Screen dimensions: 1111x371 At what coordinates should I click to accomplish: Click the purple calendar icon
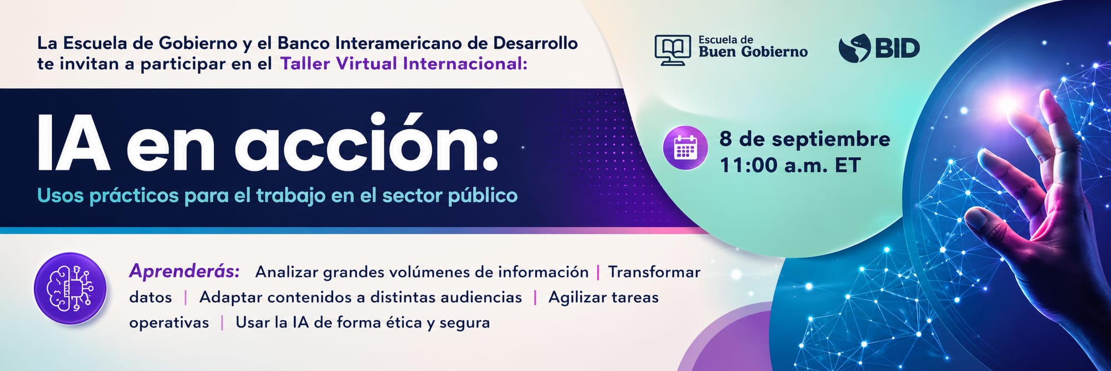click(x=685, y=148)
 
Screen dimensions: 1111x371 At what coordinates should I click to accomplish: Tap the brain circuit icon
click(x=71, y=289)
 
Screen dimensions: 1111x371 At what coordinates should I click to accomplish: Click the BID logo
click(x=879, y=48)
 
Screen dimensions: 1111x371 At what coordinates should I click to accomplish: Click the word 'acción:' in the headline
click(x=367, y=143)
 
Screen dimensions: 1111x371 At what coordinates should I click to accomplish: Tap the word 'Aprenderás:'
click(x=184, y=271)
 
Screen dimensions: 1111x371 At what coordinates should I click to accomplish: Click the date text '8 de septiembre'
click(x=805, y=139)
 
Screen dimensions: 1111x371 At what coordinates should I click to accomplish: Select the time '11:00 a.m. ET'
click(x=790, y=165)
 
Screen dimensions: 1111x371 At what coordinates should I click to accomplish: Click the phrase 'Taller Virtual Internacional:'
click(x=404, y=64)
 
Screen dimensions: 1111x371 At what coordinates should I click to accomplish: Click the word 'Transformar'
click(x=654, y=272)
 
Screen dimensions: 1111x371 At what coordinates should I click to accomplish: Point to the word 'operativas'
click(x=169, y=323)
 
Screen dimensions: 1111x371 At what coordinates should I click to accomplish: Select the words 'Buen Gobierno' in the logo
click(x=753, y=52)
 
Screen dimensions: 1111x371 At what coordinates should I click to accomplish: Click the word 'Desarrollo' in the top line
click(x=535, y=43)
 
